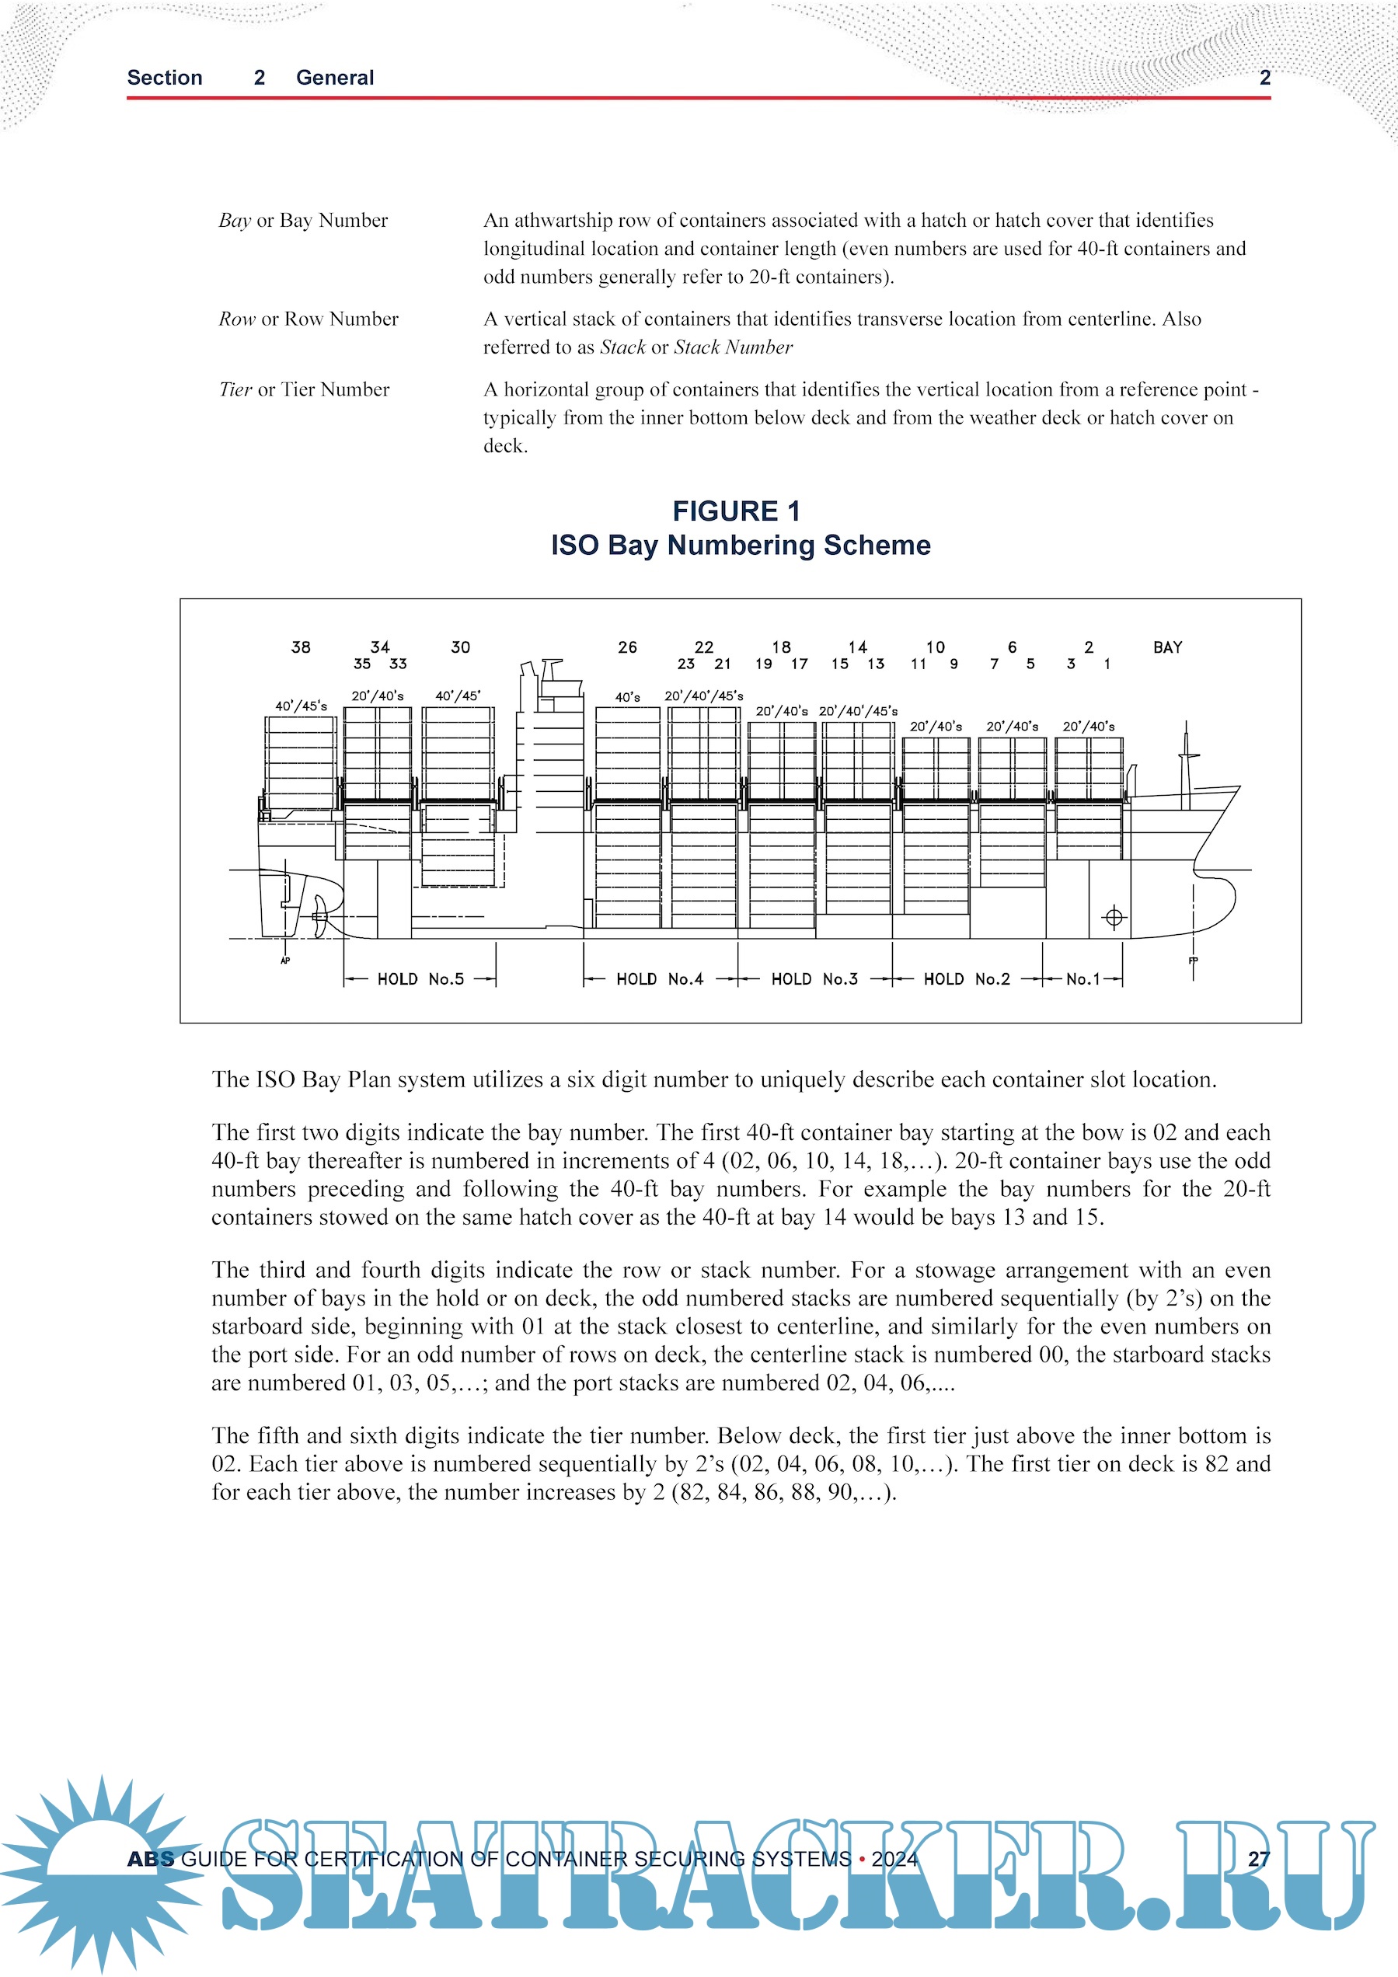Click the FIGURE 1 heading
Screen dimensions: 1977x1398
(x=736, y=511)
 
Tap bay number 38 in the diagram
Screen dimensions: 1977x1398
(x=301, y=647)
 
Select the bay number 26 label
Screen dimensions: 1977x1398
(x=628, y=647)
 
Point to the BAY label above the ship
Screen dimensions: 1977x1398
(x=1167, y=647)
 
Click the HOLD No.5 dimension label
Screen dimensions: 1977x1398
(x=420, y=979)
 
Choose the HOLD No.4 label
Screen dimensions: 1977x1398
(x=660, y=979)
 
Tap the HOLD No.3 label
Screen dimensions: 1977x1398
(x=814, y=979)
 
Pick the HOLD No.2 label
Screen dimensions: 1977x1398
(x=967, y=979)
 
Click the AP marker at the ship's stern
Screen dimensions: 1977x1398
(x=285, y=960)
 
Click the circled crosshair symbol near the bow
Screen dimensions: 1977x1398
(x=1114, y=917)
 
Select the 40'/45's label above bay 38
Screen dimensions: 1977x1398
(x=302, y=706)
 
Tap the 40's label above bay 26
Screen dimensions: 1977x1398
(x=628, y=697)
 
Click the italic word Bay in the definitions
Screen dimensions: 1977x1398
(x=234, y=221)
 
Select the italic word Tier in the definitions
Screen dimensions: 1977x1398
(x=235, y=390)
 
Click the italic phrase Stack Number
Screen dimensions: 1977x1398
(x=733, y=348)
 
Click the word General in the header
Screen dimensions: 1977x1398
(x=335, y=78)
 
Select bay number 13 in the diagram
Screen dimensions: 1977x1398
(x=876, y=664)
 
